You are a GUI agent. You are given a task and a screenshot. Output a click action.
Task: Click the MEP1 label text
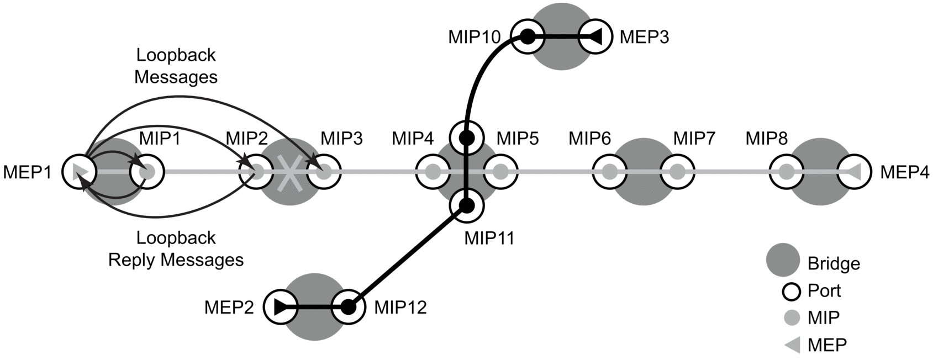(x=27, y=172)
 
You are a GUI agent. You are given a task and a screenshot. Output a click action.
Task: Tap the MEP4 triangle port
(x=854, y=172)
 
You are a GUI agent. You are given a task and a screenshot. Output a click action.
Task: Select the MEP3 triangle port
(x=595, y=37)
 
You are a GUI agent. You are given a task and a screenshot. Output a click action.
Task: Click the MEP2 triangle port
(x=281, y=307)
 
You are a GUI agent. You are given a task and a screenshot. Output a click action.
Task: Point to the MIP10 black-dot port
(x=528, y=37)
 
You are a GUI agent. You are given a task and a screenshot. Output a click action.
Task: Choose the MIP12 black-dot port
(x=348, y=307)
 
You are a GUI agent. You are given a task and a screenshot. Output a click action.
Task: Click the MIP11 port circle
(x=467, y=206)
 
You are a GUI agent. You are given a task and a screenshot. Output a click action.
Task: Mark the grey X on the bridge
(x=290, y=173)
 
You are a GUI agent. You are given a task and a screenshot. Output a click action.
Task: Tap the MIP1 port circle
(x=147, y=172)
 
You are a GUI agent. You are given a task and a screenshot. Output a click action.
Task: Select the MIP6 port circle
(x=609, y=172)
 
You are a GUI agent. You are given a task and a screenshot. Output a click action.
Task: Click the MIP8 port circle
(x=786, y=172)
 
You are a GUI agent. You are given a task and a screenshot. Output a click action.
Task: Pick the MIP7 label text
(x=694, y=138)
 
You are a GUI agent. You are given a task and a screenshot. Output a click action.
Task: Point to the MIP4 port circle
(x=432, y=172)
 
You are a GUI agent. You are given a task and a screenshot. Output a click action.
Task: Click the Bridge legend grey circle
(x=783, y=260)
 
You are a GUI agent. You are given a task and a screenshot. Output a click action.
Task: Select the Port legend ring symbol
(x=792, y=291)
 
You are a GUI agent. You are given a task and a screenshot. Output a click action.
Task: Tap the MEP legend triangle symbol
(x=793, y=345)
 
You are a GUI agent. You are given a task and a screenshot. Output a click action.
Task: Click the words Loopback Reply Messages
(x=176, y=248)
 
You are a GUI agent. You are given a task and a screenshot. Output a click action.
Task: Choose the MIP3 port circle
(x=324, y=172)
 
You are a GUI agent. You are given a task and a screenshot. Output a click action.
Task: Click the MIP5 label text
(x=518, y=138)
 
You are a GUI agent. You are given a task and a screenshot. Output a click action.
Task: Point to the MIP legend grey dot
(x=792, y=318)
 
